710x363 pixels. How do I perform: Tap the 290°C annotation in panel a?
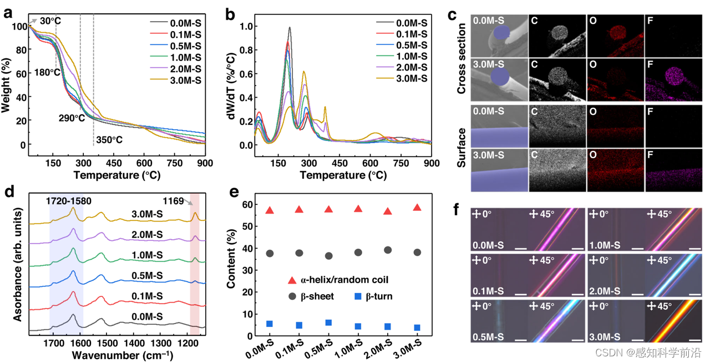(73, 118)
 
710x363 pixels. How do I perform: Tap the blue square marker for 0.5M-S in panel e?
(328, 323)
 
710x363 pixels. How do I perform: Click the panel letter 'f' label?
(457, 210)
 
